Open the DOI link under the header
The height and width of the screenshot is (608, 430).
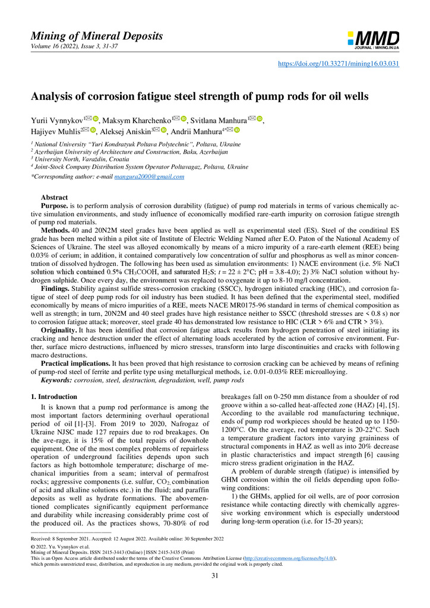(339, 64)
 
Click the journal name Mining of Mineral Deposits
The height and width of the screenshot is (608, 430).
(97, 36)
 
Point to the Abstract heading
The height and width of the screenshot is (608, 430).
(54, 197)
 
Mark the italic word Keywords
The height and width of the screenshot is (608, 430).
(57, 379)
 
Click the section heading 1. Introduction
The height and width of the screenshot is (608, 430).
(53, 397)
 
